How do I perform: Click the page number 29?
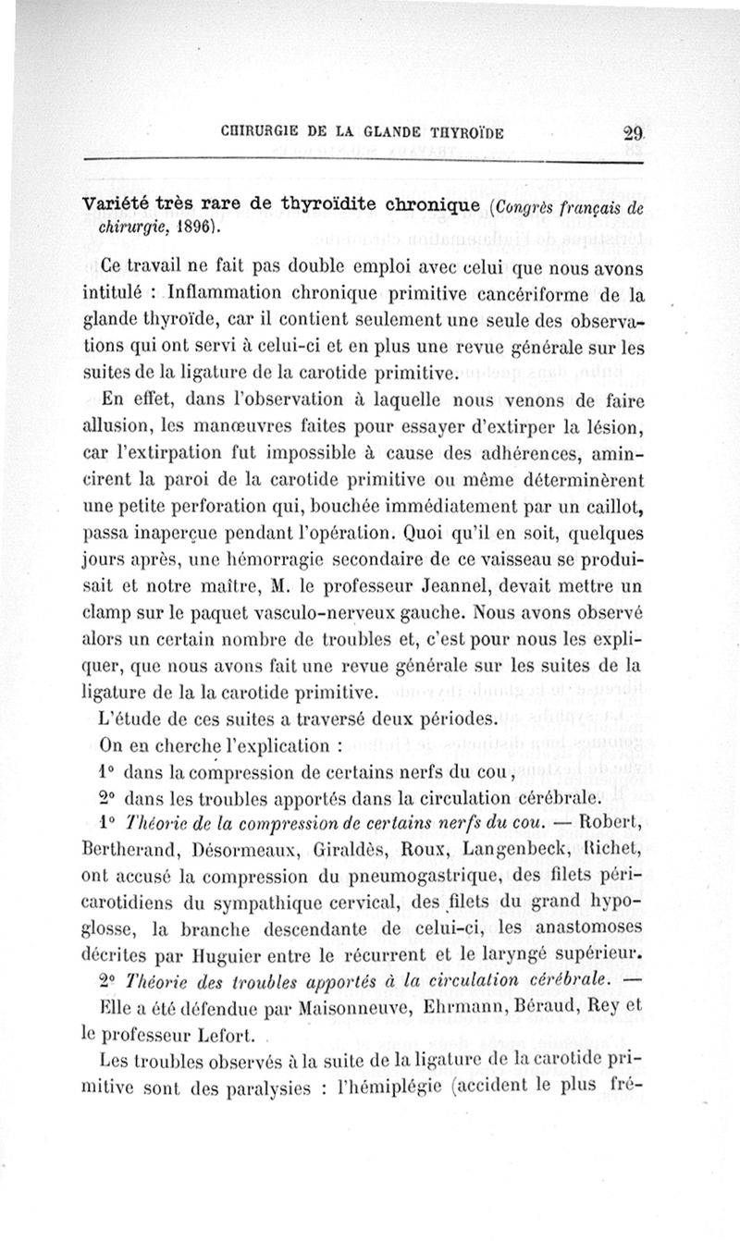[x=633, y=131]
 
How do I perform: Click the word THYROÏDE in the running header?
[x=458, y=133]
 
